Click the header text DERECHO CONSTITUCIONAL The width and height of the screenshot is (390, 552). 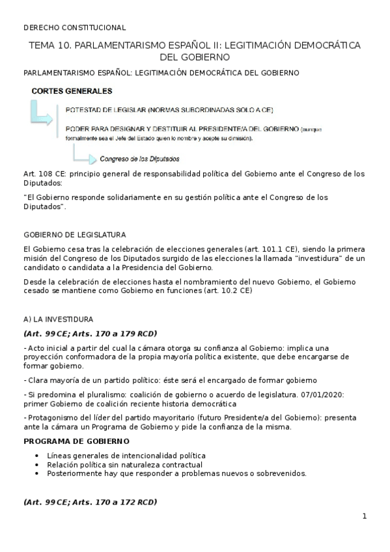pyautogui.click(x=74, y=27)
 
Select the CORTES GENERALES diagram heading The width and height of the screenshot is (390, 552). pyautogui.click(x=72, y=90)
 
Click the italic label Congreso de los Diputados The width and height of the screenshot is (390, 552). pyautogui.click(x=139, y=158)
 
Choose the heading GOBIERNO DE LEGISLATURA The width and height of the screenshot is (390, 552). pyautogui.click(x=74, y=234)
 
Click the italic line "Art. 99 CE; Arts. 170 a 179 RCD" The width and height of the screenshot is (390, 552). pyautogui.click(x=89, y=333)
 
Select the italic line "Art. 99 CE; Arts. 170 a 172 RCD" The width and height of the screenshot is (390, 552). pyautogui.click(x=89, y=503)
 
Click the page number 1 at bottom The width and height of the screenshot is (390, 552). pyautogui.click(x=365, y=516)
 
